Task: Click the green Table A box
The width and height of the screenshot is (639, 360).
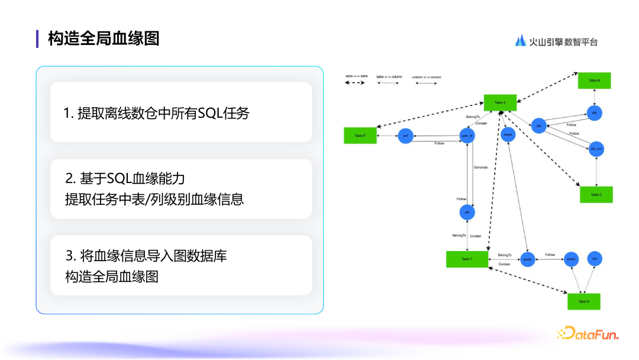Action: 500,102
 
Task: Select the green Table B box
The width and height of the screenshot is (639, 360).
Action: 594,81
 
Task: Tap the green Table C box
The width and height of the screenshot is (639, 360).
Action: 596,194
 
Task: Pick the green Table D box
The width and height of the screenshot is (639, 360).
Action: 583,301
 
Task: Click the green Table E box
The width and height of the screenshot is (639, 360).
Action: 360,136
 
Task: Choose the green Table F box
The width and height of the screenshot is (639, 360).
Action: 467,259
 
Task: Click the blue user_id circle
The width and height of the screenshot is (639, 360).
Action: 467,136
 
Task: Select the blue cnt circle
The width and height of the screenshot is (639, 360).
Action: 595,259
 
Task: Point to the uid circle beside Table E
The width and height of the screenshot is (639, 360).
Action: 405,136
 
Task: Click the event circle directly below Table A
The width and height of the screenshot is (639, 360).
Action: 507,134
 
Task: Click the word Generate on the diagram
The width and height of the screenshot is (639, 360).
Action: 480,168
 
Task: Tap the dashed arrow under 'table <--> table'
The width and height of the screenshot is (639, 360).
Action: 355,83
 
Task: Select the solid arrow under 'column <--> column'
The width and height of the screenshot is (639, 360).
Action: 426,83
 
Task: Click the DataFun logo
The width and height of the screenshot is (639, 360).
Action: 588,334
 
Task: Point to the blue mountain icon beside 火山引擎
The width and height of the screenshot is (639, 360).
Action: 521,41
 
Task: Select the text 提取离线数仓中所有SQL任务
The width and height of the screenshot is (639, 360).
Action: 156,112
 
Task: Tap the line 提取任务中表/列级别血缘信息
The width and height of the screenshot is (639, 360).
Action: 154,199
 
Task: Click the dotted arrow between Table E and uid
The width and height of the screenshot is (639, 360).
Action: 387,136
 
